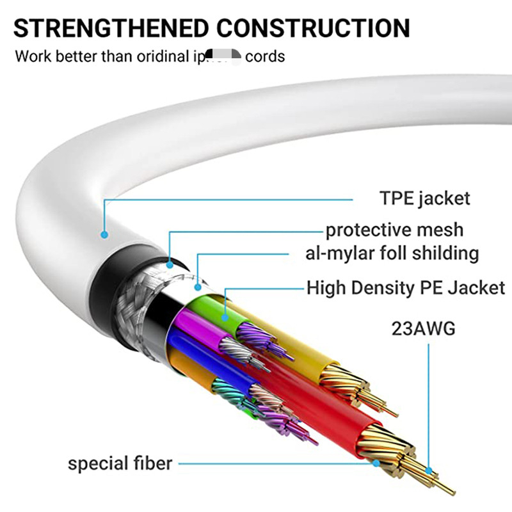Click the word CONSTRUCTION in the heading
click(x=313, y=28)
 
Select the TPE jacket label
click(x=424, y=198)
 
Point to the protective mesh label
click(x=394, y=230)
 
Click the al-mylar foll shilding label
click(x=392, y=253)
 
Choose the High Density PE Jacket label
click(x=406, y=287)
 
